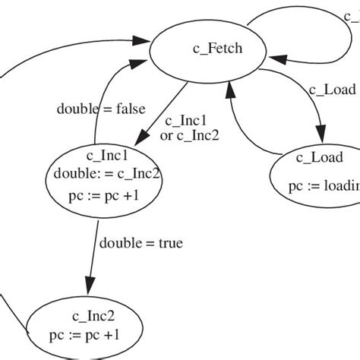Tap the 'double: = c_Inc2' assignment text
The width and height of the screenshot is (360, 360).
pos(107,174)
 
